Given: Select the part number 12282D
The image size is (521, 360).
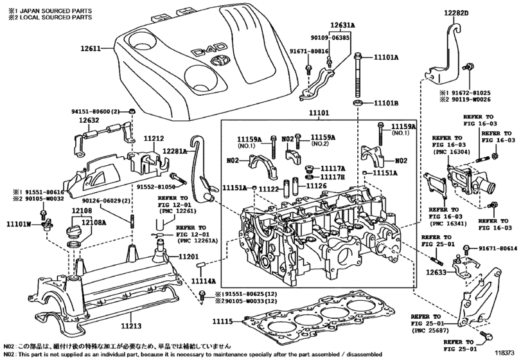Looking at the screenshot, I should click(x=455, y=13).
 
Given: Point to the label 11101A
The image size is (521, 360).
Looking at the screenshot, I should click(x=386, y=58).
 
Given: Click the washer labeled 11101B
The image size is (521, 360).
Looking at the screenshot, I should click(x=357, y=103).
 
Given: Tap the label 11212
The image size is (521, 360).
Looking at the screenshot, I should click(x=154, y=138).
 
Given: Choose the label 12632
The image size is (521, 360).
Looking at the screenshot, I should click(x=91, y=120).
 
